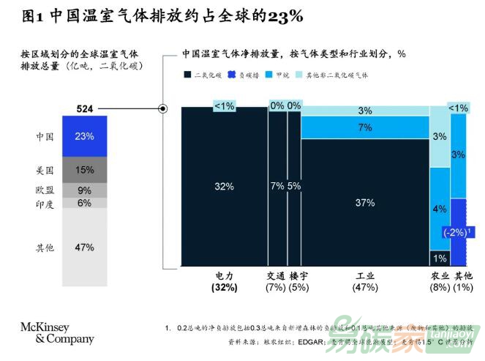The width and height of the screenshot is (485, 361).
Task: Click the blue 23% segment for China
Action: (x=84, y=136)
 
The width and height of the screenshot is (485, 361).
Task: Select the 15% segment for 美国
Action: (x=84, y=170)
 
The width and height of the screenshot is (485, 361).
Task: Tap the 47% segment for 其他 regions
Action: (x=84, y=247)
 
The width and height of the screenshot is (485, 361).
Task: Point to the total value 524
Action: (x=85, y=109)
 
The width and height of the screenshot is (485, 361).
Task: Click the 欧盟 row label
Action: (x=45, y=190)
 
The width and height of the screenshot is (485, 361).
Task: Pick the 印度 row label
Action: (x=45, y=204)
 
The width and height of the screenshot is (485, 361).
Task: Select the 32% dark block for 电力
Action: (x=224, y=186)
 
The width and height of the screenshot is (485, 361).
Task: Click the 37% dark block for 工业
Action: (x=364, y=202)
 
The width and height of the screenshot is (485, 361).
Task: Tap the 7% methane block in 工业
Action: (x=364, y=127)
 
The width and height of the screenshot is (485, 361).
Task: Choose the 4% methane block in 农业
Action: (x=439, y=209)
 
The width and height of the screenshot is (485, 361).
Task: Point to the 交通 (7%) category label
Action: (x=277, y=282)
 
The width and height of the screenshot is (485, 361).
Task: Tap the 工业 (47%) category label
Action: (x=364, y=282)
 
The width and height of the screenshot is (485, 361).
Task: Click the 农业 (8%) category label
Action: (x=439, y=282)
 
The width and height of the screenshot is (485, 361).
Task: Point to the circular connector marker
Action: (x=164, y=109)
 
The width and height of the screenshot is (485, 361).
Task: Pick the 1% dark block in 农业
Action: (x=439, y=258)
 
